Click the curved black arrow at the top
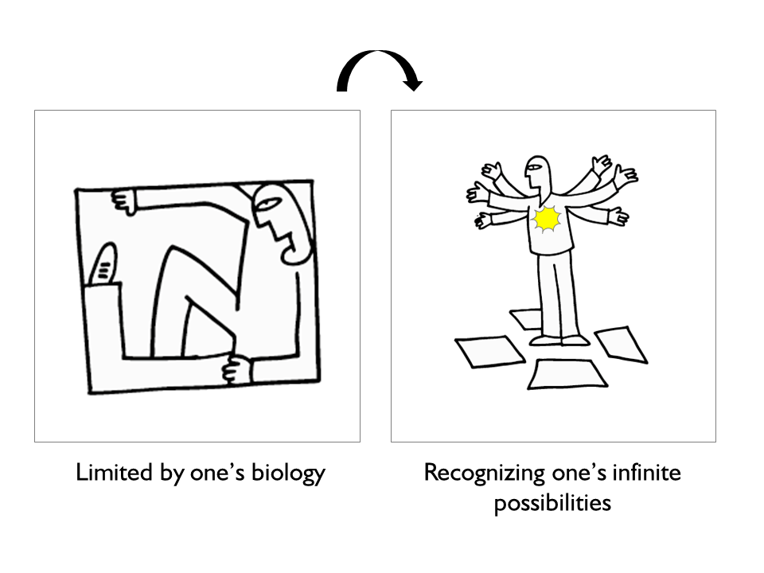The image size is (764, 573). (378, 53)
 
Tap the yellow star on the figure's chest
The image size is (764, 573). (547, 219)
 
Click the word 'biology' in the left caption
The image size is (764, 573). (288, 473)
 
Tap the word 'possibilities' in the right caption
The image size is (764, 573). (552, 503)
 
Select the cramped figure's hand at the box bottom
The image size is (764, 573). (237, 369)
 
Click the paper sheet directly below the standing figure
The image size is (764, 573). (567, 374)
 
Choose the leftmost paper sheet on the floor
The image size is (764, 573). (489, 351)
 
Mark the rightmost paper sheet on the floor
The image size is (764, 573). (622, 345)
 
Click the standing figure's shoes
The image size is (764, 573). (559, 340)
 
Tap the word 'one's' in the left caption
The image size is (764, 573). (216, 473)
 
